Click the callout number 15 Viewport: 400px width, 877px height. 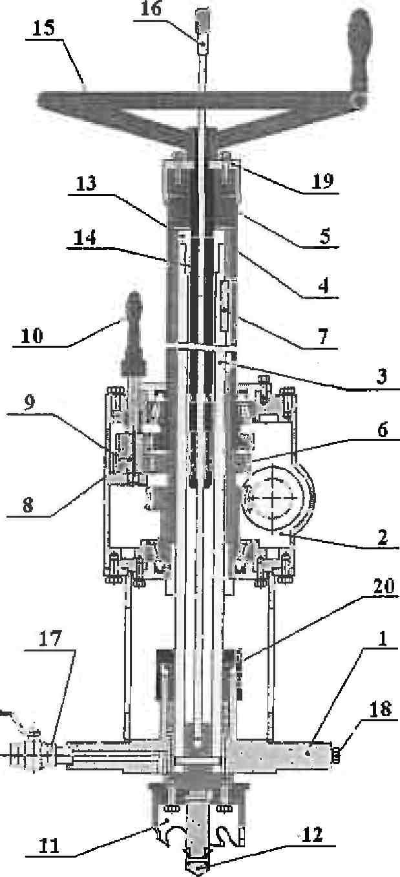pos(43,28)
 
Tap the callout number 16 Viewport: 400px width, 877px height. pos(151,8)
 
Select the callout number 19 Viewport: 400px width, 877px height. pos(323,181)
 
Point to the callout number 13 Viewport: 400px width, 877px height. pos(86,184)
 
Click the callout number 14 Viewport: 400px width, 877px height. pos(85,238)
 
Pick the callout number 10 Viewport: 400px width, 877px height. pos(32,335)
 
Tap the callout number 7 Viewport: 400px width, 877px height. pos(323,336)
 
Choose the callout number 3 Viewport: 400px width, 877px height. pos(381,376)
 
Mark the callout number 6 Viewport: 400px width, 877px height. pos(383,430)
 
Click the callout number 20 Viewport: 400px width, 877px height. pos(383,586)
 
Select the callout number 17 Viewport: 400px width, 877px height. pos(50,639)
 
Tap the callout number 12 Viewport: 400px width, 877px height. pos(312,835)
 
